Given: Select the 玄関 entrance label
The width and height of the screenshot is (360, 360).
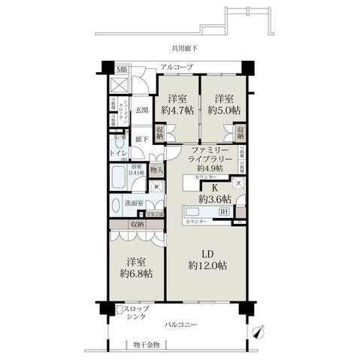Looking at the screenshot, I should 141,110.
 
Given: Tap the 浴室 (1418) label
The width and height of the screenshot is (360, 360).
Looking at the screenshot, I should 136,170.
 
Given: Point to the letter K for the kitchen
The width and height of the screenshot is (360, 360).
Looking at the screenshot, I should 214,189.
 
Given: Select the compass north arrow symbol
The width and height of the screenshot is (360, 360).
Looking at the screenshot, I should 259,329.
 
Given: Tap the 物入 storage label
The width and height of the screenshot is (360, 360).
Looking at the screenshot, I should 156,171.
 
